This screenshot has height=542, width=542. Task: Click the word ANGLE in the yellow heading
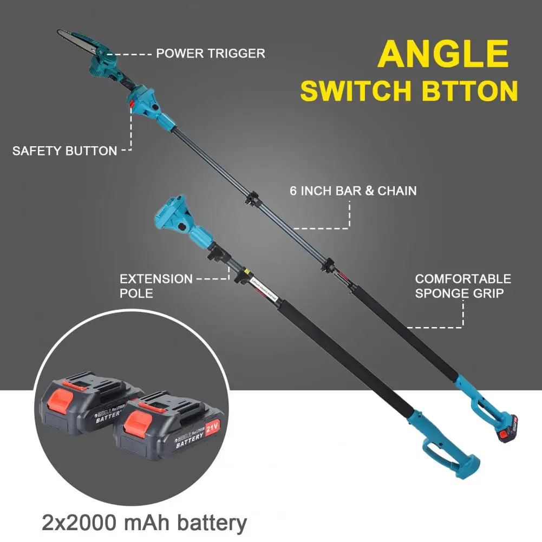(x=443, y=54)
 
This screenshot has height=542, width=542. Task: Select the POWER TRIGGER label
(x=211, y=54)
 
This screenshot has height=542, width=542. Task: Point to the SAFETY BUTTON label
(x=64, y=151)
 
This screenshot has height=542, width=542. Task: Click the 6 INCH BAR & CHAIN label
(x=353, y=191)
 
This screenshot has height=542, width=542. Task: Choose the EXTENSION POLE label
(x=156, y=286)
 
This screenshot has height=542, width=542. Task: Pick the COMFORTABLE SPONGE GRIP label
(x=463, y=286)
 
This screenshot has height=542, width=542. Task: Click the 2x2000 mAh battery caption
(x=144, y=524)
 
